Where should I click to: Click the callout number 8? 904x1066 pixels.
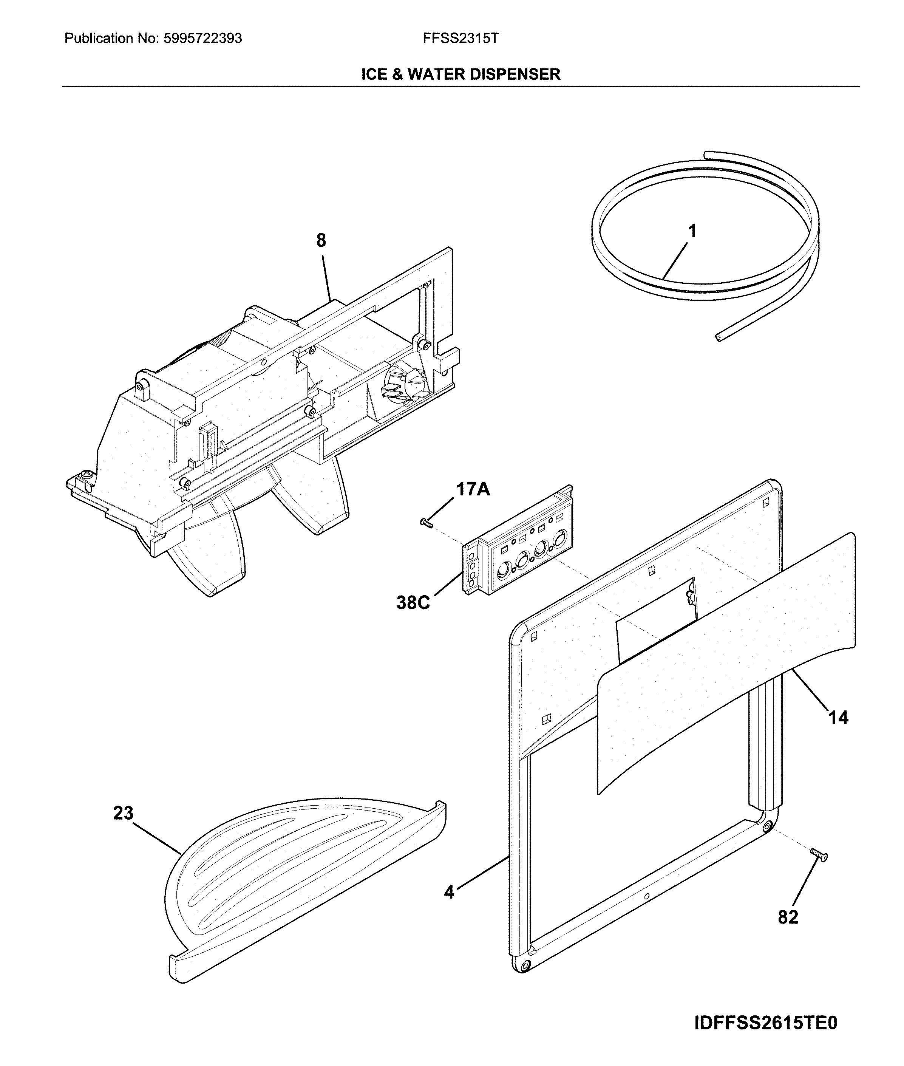tap(321, 240)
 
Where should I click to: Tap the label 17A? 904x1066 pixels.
tap(473, 489)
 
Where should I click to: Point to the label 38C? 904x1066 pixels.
tap(413, 603)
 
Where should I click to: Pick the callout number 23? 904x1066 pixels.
tap(124, 813)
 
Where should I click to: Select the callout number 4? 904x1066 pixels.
tap(449, 892)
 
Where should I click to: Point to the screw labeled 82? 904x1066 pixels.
tap(819, 855)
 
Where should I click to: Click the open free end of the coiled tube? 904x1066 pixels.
tap(719, 338)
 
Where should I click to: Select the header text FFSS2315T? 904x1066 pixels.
tap(460, 39)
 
